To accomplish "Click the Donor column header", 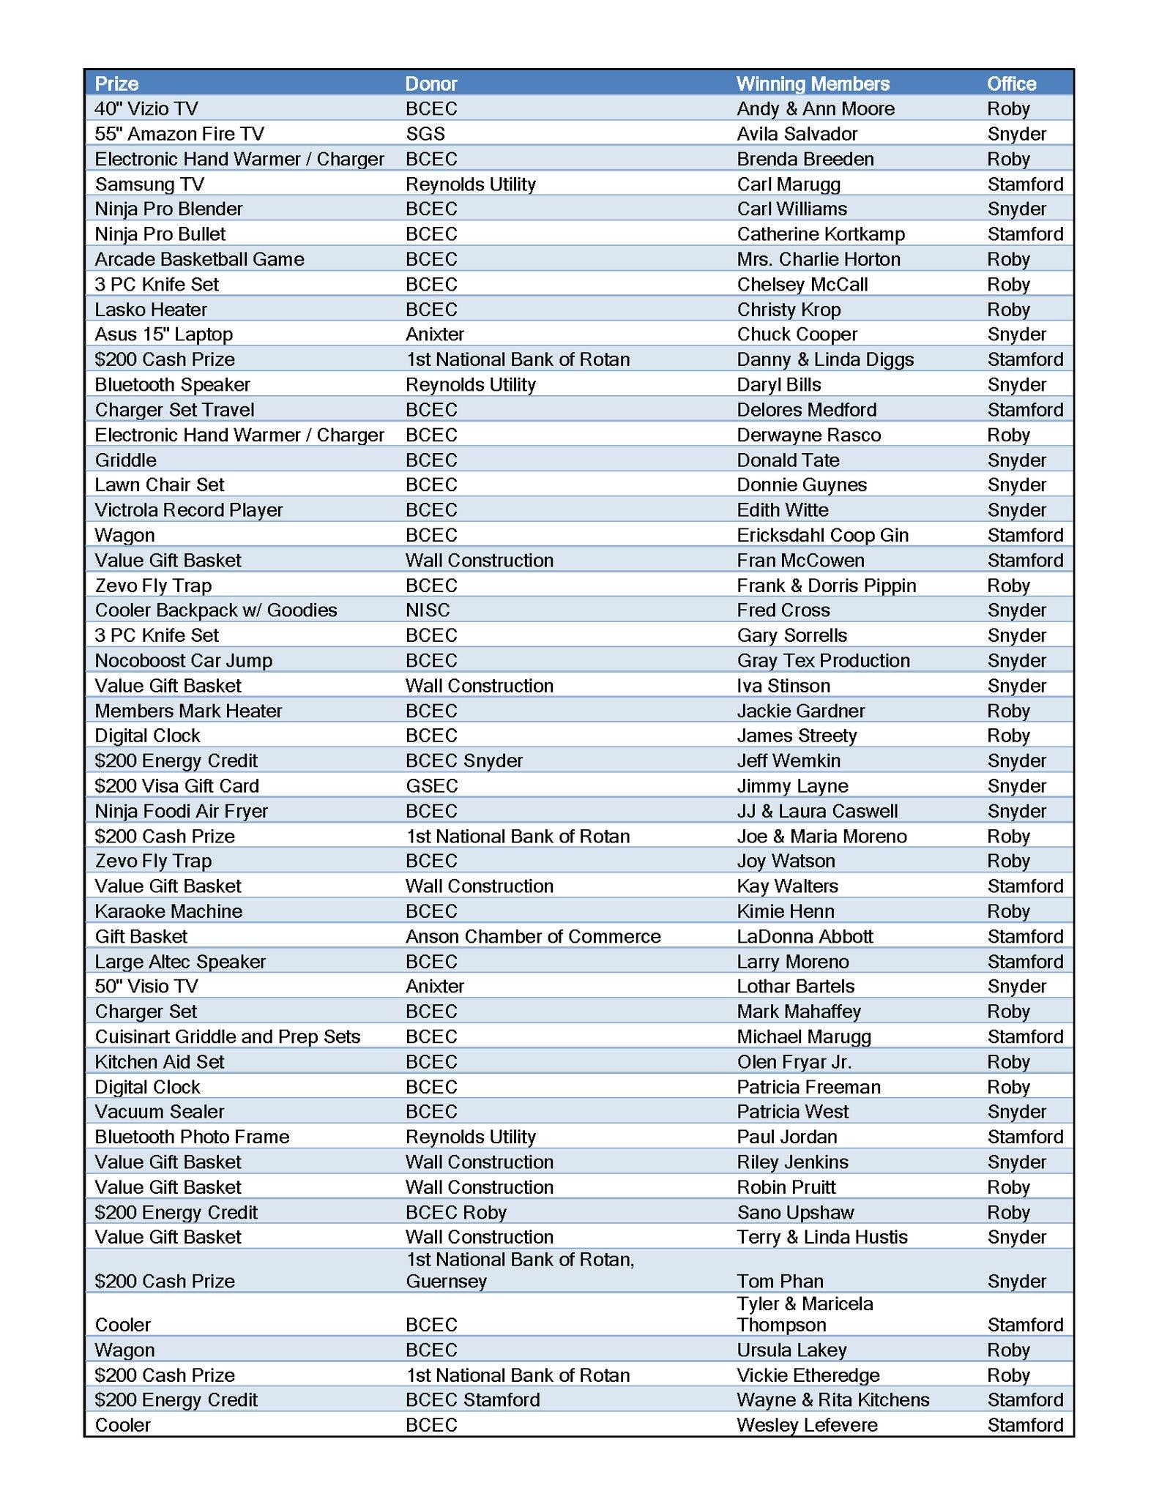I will tap(431, 83).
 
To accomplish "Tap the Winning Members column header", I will tap(813, 83).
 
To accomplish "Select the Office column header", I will tap(1011, 83).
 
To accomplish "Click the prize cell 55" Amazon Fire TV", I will tap(179, 134).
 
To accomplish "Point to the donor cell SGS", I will tap(425, 134).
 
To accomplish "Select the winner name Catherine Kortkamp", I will tap(821, 234).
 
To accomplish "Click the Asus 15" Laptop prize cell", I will tap(164, 334).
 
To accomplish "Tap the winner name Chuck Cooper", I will tap(797, 334).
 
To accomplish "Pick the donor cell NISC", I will tap(428, 610).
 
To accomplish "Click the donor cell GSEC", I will tap(431, 786).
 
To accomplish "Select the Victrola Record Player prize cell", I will tap(189, 510).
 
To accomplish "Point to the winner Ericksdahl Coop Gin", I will tap(822, 535).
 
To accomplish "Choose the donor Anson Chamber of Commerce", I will tap(533, 936).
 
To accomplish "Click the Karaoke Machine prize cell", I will tap(168, 911).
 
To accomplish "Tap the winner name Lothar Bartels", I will tap(796, 987).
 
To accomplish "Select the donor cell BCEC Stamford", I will tap(472, 1400).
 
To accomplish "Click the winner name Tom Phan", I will tap(780, 1281).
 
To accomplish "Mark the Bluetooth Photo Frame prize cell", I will tap(192, 1137).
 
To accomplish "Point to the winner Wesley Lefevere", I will tap(807, 1425).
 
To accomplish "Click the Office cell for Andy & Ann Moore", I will tap(1008, 109).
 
